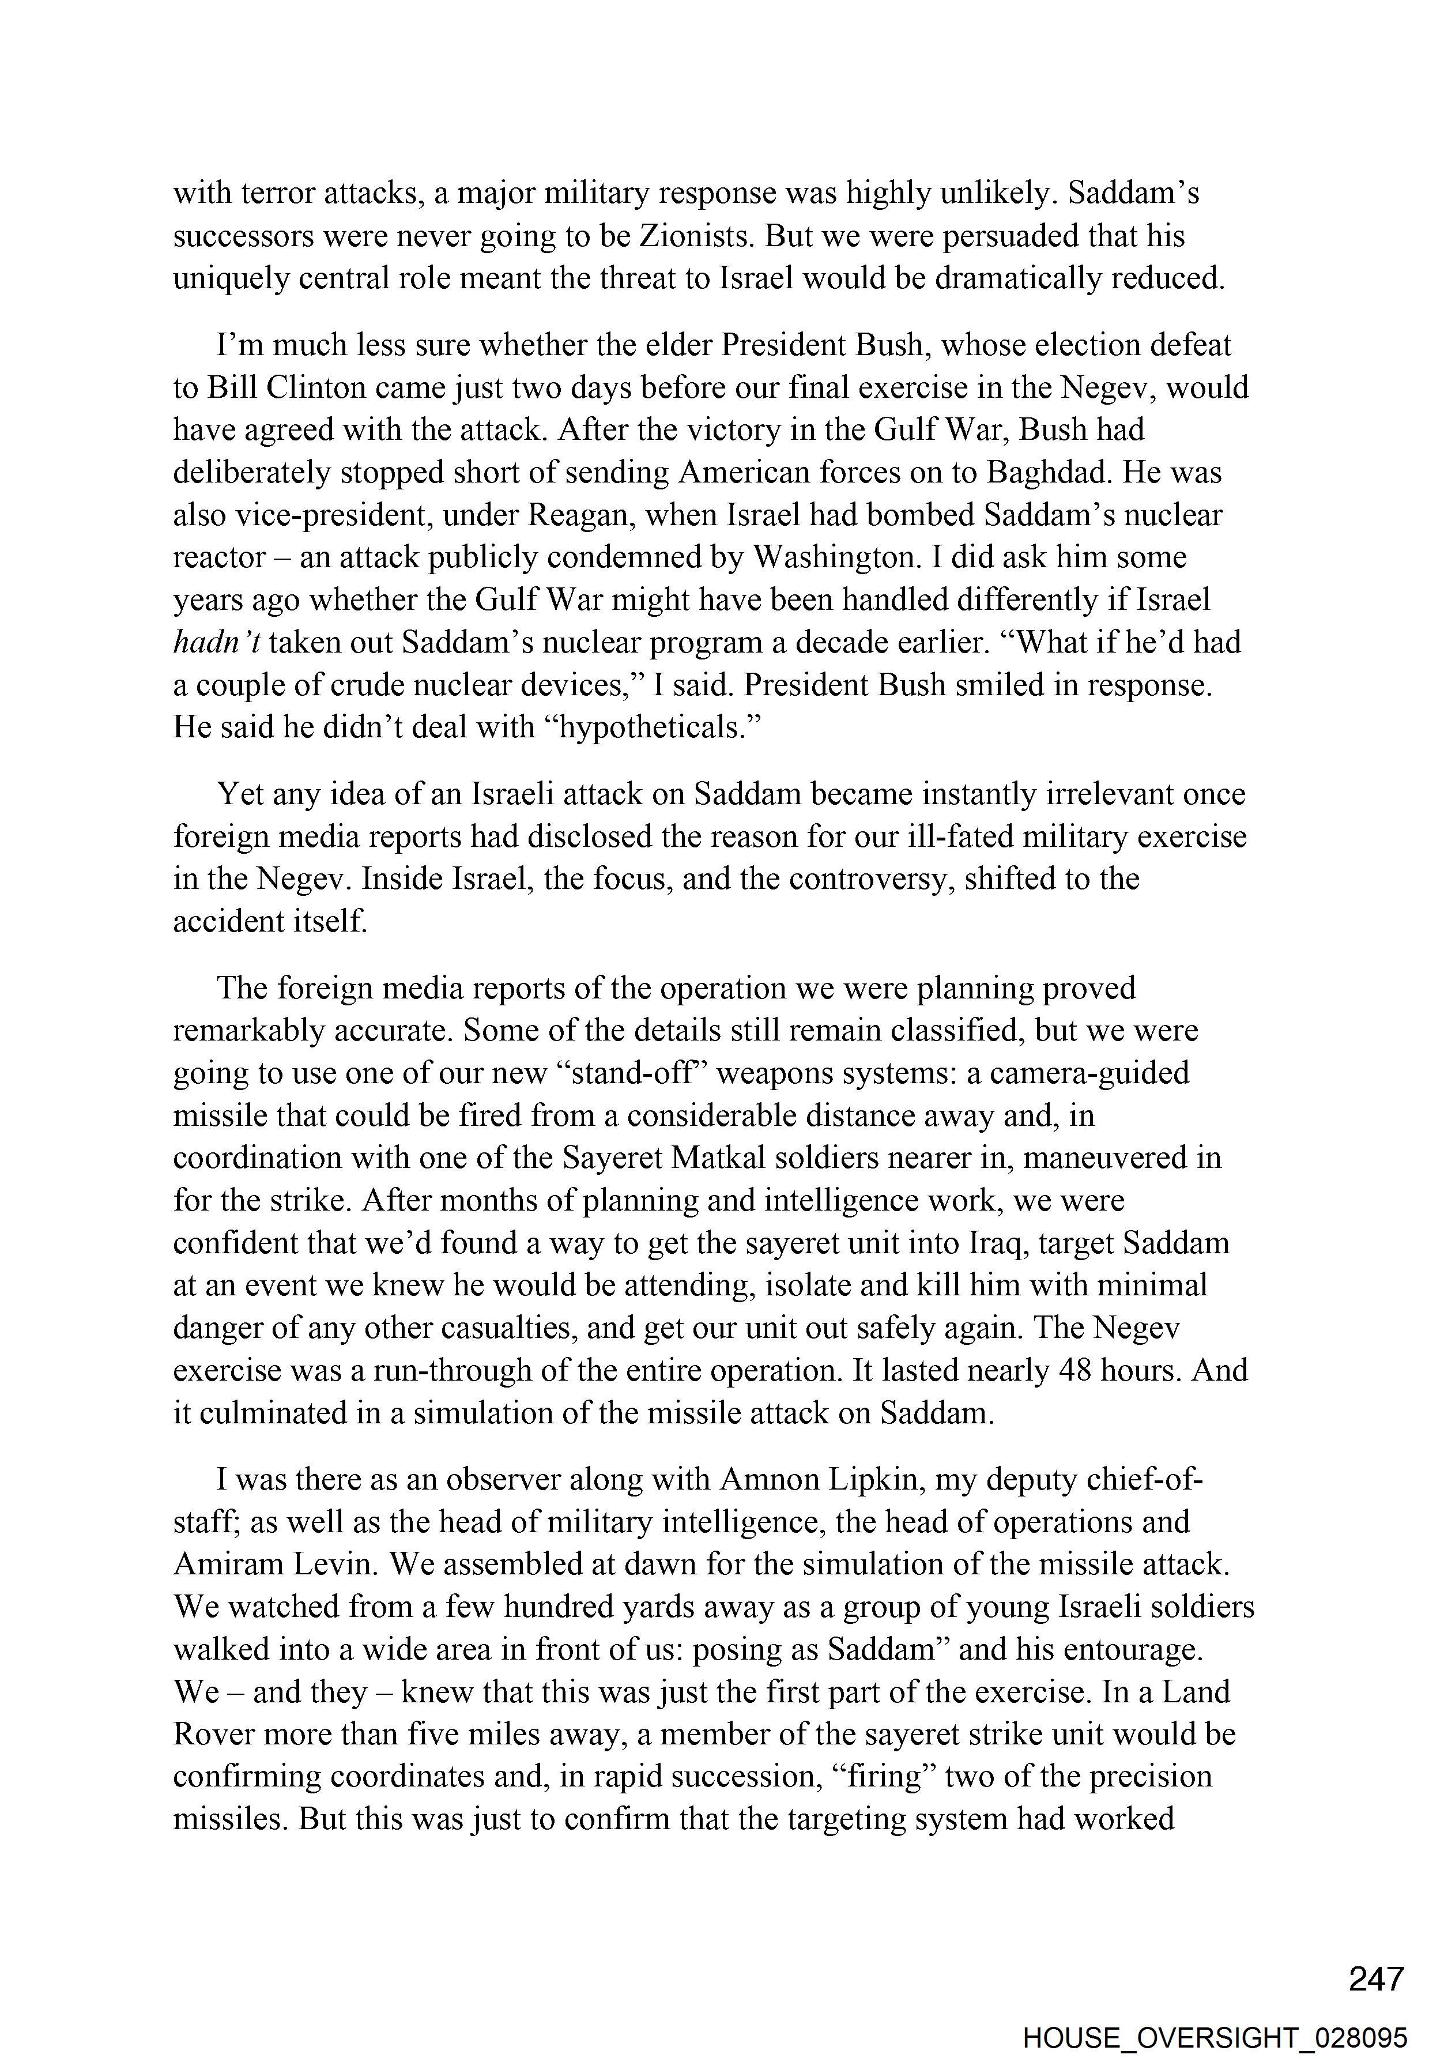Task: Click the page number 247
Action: click(x=1376, y=1978)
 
